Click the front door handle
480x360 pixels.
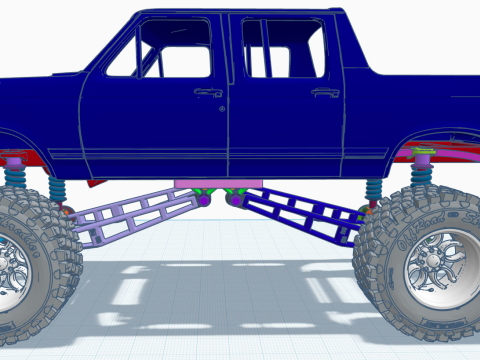[x=208, y=92]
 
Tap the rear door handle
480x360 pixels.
[x=325, y=92]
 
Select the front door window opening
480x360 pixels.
[x=160, y=50]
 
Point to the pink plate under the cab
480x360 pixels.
[x=218, y=182]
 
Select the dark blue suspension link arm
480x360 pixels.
[x=300, y=212]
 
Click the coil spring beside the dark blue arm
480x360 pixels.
[x=374, y=190]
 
